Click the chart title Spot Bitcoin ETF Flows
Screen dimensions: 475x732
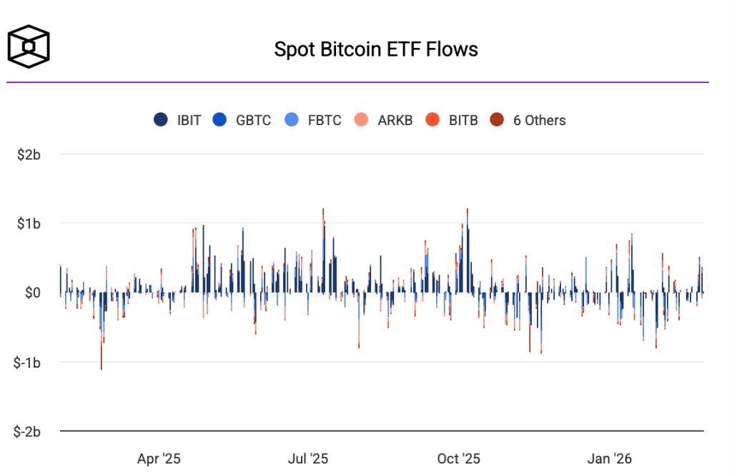[x=376, y=49]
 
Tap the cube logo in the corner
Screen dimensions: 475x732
[x=29, y=46]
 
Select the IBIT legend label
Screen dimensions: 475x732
[x=189, y=120]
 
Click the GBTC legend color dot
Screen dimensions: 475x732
[x=220, y=120]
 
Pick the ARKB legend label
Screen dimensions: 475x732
[x=395, y=120]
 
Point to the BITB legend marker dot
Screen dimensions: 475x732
[x=432, y=120]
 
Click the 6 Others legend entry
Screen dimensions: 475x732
[x=530, y=120]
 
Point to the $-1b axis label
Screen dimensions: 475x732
[x=31, y=363]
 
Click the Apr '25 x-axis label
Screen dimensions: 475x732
[x=159, y=459]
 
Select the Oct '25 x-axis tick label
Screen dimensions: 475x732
[x=459, y=459]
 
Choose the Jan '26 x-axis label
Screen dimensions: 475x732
[x=608, y=459]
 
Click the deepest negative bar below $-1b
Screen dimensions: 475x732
[x=102, y=358]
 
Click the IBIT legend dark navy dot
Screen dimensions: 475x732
[x=161, y=120]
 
